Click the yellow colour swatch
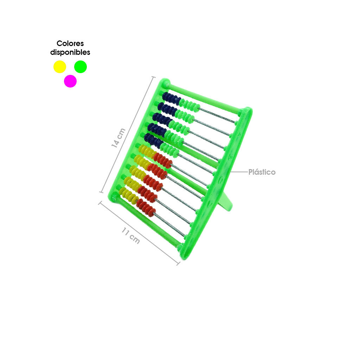pos(60,67)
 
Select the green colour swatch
pos(81,67)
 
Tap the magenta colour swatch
pos(70,81)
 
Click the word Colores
pos(70,43)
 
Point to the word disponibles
pos(70,52)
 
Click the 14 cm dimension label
pos(118,138)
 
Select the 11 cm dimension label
pos(131,235)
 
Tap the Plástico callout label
pos(262,172)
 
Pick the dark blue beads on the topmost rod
pos(171,98)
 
